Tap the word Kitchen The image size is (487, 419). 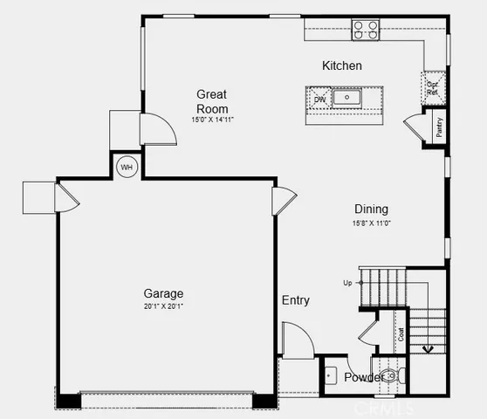click(341, 65)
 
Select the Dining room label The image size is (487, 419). click(371, 209)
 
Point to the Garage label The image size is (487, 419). click(163, 293)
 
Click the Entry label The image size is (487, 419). click(295, 300)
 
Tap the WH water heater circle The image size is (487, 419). click(127, 166)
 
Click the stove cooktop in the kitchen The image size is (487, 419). click(366, 31)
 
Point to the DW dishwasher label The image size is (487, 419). click(319, 99)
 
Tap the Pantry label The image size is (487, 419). click(439, 126)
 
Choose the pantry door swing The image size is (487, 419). click(413, 127)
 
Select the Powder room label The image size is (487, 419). click(362, 377)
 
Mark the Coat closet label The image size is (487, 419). click(401, 333)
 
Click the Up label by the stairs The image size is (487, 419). click(347, 283)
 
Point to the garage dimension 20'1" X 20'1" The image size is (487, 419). click(163, 307)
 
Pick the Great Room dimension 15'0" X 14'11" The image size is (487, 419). click(212, 119)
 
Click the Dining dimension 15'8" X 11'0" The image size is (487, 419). click(371, 223)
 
